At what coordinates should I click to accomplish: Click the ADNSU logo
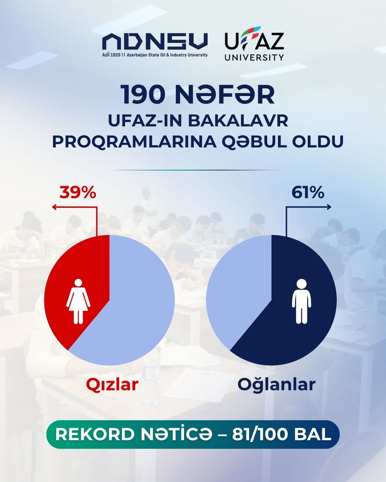click(155, 45)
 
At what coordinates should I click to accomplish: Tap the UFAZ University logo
click(254, 44)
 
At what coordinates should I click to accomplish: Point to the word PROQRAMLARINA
click(134, 141)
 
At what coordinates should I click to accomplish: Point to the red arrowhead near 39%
click(54, 207)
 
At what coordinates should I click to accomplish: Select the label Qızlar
click(112, 384)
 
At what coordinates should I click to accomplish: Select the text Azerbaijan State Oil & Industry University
click(167, 55)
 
